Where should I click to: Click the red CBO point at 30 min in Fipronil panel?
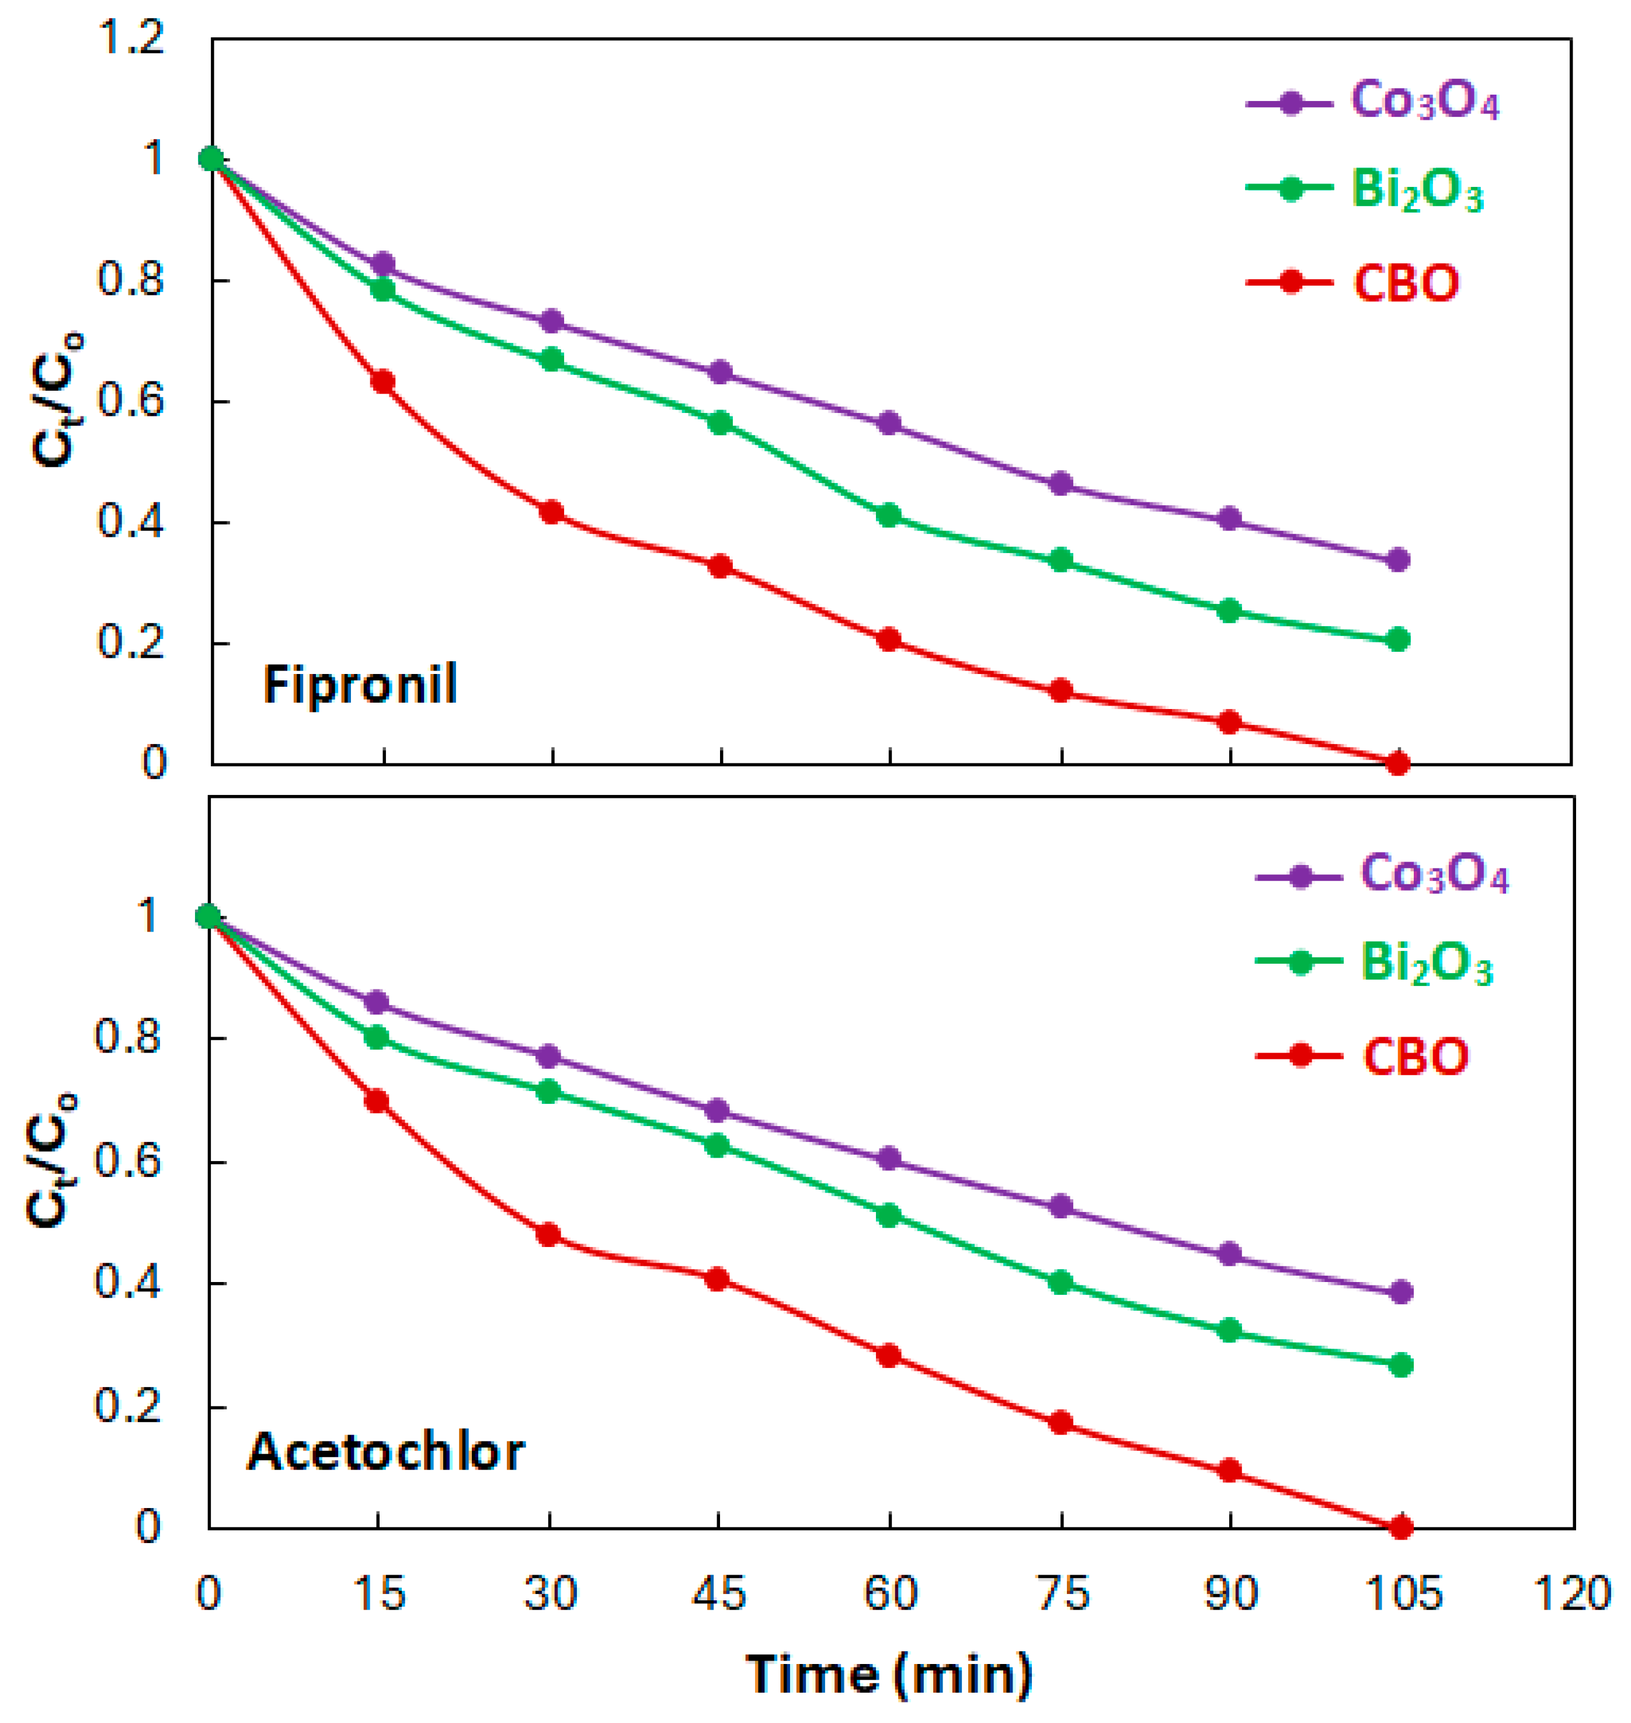pyautogui.click(x=551, y=512)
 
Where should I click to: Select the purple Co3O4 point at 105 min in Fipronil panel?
pyautogui.click(x=1398, y=560)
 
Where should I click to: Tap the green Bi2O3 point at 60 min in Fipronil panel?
pyautogui.click(x=889, y=516)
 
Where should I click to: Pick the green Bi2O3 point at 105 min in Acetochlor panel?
pyautogui.click(x=1400, y=1364)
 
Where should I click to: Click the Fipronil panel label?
pyautogui.click(x=360, y=685)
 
